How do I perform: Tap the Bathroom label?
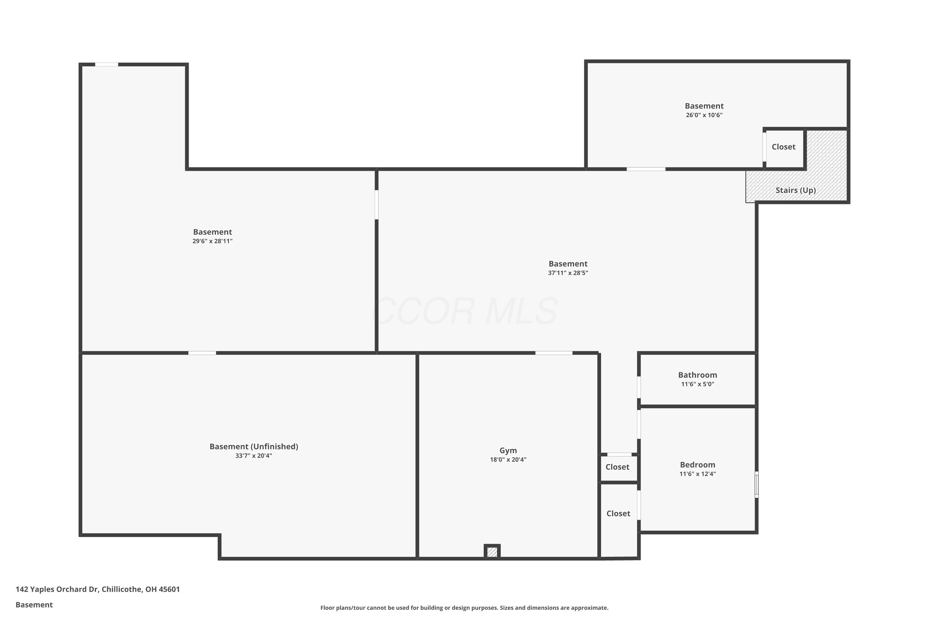tap(698, 375)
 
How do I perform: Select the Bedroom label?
tap(698, 465)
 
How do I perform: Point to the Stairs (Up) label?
tap(796, 190)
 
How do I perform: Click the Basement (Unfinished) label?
tap(254, 446)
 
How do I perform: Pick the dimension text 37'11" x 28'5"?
tap(568, 273)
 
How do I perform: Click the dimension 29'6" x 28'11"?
tap(212, 241)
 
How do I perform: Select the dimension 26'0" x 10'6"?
tap(704, 115)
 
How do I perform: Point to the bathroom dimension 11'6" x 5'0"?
tap(698, 384)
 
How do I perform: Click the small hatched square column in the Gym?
tap(492, 551)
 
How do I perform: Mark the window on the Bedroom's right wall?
tap(757, 484)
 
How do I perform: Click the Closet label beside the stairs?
tap(784, 147)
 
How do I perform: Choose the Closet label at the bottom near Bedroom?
tap(618, 513)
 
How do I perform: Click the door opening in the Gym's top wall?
tap(554, 353)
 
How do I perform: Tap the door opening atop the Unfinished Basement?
tap(202, 353)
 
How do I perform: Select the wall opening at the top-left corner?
tap(107, 64)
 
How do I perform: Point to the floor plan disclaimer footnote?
tap(464, 608)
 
